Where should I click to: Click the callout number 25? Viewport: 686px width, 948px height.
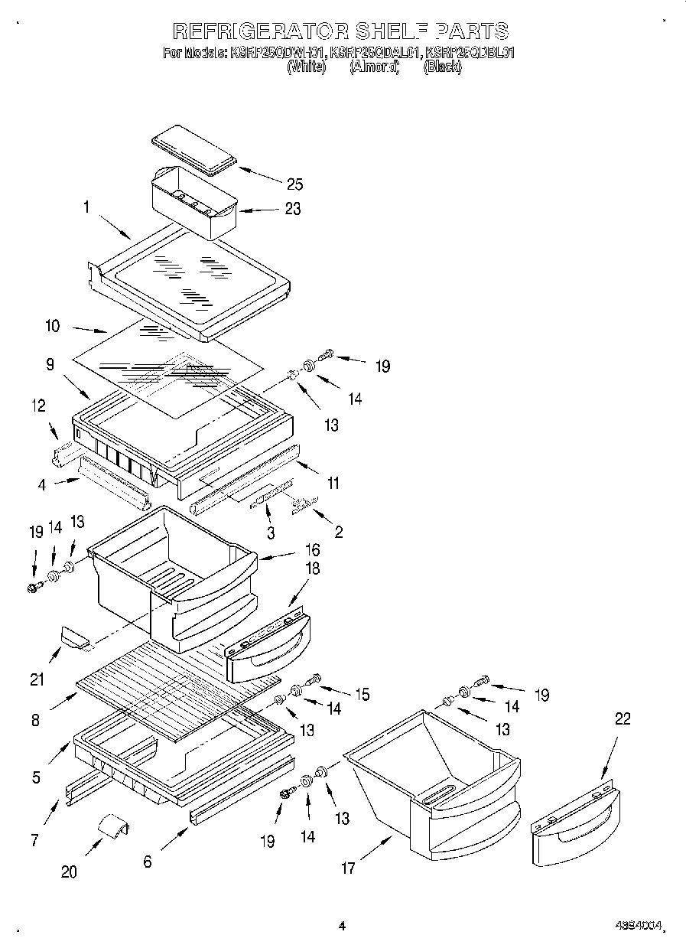(x=294, y=184)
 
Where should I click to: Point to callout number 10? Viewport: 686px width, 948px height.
(x=53, y=325)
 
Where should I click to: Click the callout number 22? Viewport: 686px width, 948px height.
(x=623, y=718)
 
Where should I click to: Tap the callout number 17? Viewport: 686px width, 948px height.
(x=348, y=868)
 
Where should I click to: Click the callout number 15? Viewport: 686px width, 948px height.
(x=361, y=694)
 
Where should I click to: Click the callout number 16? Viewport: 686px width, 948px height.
(x=311, y=549)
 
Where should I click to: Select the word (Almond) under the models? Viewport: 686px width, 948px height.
(x=375, y=67)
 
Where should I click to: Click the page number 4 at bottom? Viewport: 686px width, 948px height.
(x=342, y=926)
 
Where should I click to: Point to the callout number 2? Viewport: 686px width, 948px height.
(x=338, y=533)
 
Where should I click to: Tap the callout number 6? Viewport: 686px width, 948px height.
(x=147, y=861)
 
